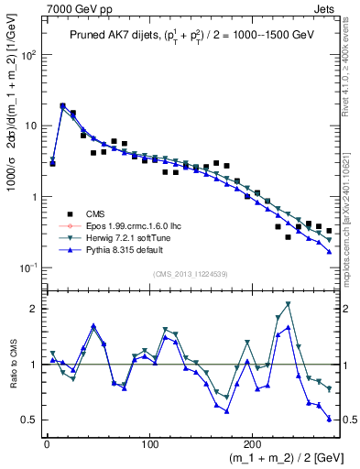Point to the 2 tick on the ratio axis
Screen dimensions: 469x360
click(x=32, y=309)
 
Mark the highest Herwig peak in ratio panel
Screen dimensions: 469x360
click(x=289, y=303)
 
